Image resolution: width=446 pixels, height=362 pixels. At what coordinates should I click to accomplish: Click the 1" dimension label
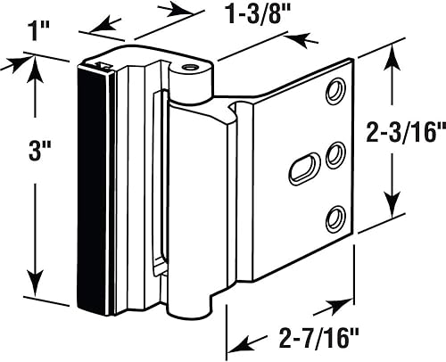[37, 31]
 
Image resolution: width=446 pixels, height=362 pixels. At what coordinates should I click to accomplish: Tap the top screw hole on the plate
[335, 91]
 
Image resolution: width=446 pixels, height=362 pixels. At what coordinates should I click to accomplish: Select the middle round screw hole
[335, 155]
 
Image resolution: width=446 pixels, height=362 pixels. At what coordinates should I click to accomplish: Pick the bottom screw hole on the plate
[335, 218]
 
